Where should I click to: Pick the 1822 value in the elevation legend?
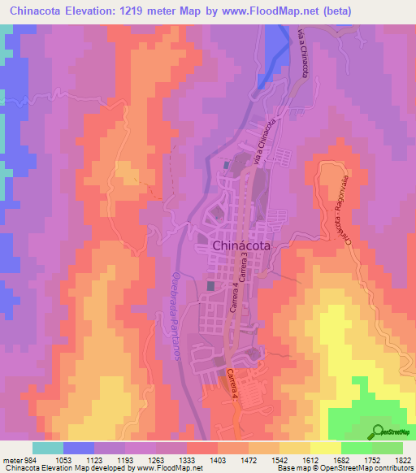pos(403,459)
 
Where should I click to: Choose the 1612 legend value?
pos(310,459)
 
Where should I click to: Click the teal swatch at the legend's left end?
pos(47,448)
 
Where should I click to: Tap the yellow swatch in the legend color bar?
pos(325,448)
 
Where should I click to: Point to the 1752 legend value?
pos(373,459)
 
